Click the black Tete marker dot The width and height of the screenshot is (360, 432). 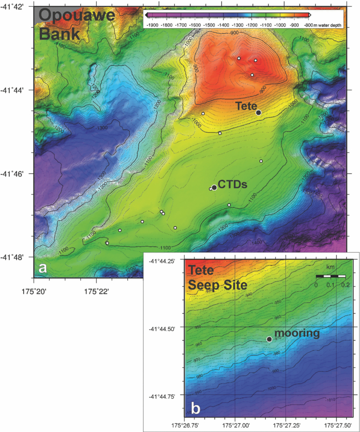(258, 113)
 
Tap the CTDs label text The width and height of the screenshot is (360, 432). (233, 184)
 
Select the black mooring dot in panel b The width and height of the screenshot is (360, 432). (269, 339)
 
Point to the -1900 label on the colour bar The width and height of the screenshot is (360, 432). (152, 24)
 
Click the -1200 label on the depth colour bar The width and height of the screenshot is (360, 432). (251, 24)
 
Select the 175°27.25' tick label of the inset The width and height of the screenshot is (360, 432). (285, 426)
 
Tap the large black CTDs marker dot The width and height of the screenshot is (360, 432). (214, 187)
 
